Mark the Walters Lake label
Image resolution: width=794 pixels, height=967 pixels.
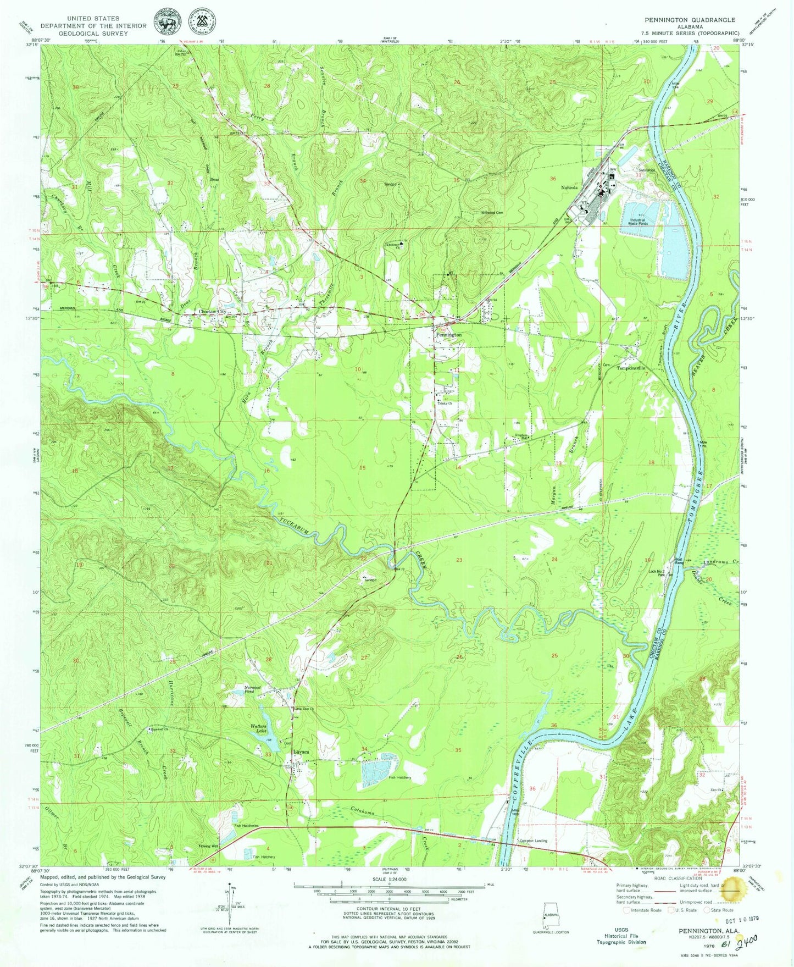[x=258, y=729]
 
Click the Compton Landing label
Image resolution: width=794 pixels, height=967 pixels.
[x=533, y=841]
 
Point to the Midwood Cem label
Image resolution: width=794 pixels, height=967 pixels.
[x=491, y=212]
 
